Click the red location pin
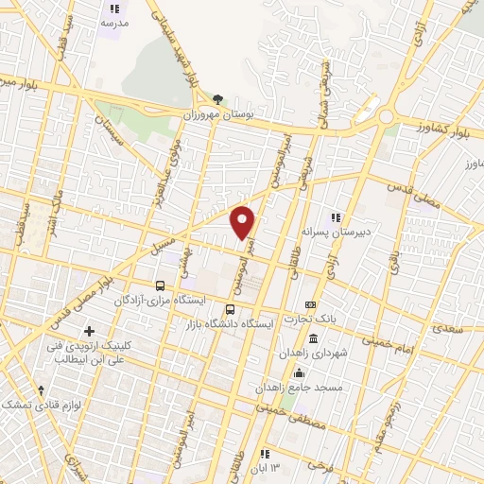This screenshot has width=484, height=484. (244, 222)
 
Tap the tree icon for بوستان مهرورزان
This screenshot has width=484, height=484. (219, 98)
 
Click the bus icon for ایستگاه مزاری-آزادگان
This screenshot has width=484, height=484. (160, 285)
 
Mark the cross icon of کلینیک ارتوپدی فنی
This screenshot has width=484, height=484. (89, 331)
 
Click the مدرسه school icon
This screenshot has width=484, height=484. (114, 9)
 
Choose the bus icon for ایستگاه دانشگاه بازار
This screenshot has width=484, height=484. (231, 309)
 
